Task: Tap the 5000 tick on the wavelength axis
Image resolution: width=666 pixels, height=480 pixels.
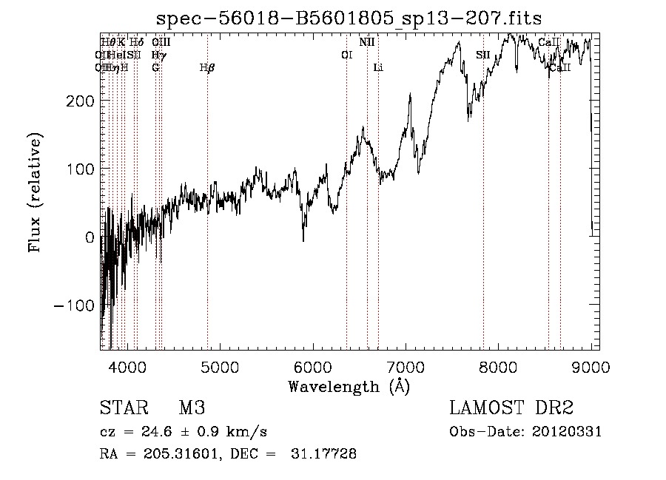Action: pos(219,367)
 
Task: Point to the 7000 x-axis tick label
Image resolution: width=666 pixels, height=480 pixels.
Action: pos(406,367)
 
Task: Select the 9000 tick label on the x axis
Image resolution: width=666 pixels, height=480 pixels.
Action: pos(591,367)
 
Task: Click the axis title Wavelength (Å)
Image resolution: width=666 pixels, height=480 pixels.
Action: pos(349,386)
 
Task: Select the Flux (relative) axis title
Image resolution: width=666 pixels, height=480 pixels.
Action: pos(36,192)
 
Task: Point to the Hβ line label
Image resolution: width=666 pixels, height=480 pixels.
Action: pos(207,68)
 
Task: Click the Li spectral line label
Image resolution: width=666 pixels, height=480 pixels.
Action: pos(378,68)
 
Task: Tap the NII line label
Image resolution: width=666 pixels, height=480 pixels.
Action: pos(367,42)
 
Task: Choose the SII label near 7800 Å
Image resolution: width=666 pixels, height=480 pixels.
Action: pos(483,55)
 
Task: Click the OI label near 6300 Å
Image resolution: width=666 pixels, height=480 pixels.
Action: pos(346,55)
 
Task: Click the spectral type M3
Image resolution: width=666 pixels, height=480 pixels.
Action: pos(191,408)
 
